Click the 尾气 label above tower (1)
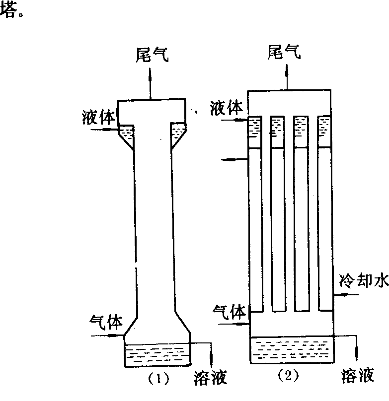click(152, 55)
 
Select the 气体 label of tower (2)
click(229, 312)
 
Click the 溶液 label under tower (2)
click(358, 375)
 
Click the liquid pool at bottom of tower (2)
click(291, 349)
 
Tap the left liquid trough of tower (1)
click(127, 135)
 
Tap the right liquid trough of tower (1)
click(178, 135)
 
